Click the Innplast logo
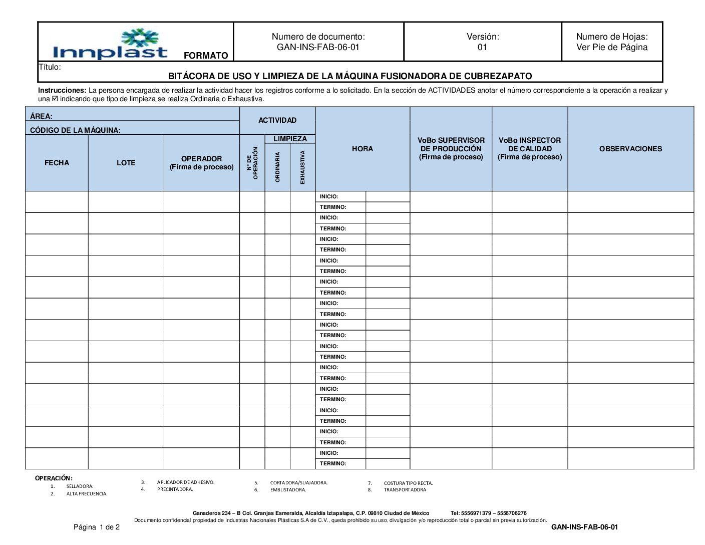pos(110,44)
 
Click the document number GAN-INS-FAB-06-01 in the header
pos(318,48)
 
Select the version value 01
pos(482,48)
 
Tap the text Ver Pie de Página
pos(611,48)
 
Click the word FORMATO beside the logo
pos(206,56)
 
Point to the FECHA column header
pos(57,163)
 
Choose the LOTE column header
pos(126,163)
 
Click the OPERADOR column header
pos(201,163)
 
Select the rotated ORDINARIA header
pos(277,167)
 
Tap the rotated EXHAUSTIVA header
pos(302,167)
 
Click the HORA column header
pos(362,149)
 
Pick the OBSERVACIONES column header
pos(630,149)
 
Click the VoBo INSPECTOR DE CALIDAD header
pos(530,149)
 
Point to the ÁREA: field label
pos(41,116)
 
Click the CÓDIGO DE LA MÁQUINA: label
pos(75,130)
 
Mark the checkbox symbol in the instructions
pos(55,99)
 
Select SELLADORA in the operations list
pos(80,486)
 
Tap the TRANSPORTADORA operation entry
pos(405,490)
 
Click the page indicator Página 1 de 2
pos(97,527)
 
